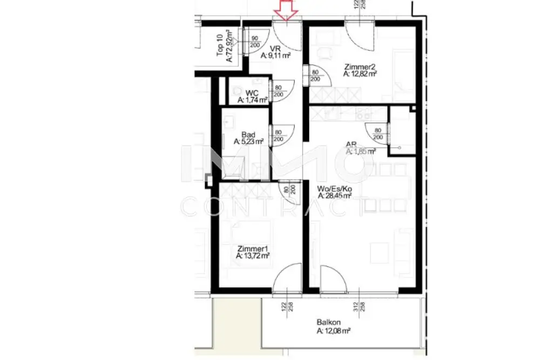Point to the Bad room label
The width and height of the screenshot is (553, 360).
(x=248, y=134)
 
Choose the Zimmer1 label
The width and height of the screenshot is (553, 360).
(x=253, y=249)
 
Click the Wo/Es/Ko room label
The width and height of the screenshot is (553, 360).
(x=334, y=188)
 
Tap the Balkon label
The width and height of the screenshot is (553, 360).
(x=327, y=323)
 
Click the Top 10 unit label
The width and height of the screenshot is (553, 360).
(x=220, y=46)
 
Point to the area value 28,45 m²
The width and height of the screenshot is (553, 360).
(x=336, y=196)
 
